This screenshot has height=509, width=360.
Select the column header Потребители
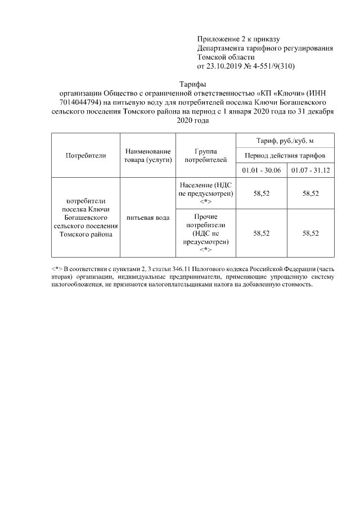[x=85, y=156]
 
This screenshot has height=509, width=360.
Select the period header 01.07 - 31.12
[x=310, y=170]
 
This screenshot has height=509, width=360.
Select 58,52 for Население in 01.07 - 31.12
[x=310, y=193]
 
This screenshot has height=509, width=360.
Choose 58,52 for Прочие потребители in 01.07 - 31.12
[x=310, y=233]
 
